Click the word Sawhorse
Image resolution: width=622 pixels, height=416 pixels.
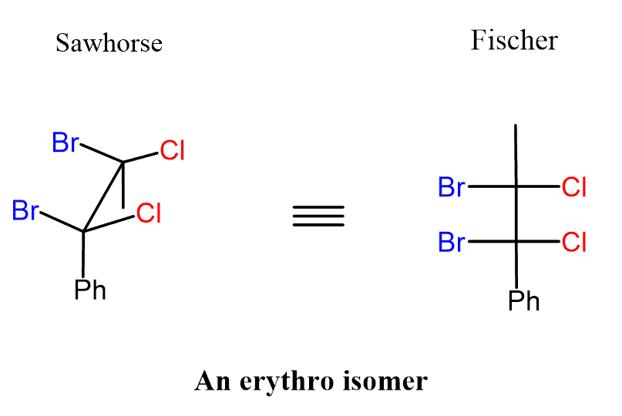click(x=109, y=42)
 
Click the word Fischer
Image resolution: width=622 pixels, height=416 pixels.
click(x=513, y=40)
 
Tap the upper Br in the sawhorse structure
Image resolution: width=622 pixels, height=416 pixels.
click(x=66, y=143)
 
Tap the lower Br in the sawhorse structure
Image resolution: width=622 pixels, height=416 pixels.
click(x=26, y=210)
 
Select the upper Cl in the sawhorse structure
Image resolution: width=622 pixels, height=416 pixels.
click(x=173, y=150)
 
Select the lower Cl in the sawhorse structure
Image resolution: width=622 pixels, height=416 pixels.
click(x=149, y=213)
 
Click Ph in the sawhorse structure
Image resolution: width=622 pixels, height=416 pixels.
click(x=90, y=290)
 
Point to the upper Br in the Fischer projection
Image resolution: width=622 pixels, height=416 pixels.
click(x=452, y=187)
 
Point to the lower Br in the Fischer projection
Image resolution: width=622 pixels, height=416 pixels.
click(x=452, y=243)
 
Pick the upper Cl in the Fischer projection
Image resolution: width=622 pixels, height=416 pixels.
click(x=574, y=187)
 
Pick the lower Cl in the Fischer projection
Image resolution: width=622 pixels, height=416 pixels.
click(x=574, y=243)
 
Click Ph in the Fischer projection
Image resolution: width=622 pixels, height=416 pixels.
click(x=524, y=300)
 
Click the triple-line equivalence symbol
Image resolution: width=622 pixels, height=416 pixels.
click(x=318, y=216)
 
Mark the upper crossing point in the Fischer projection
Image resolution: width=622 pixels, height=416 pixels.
click(x=516, y=187)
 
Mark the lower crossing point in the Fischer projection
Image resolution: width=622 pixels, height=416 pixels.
click(x=516, y=243)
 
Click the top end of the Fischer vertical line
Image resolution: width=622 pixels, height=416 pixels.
click(x=516, y=126)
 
